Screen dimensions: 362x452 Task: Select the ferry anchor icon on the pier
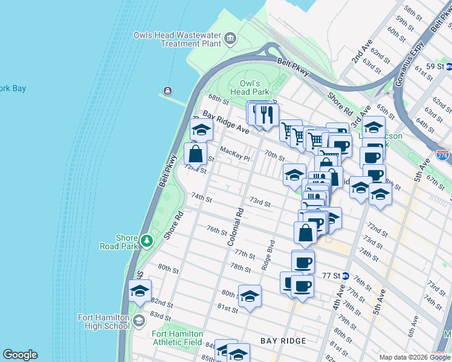pos(167,91)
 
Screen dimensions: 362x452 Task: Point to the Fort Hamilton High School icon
pos(138,320)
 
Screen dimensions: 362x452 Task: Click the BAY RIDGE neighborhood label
pos(283,341)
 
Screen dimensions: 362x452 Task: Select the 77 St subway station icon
pos(345,275)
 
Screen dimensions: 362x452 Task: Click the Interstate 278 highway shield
pos(442,156)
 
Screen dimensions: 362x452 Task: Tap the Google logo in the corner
pos(20,355)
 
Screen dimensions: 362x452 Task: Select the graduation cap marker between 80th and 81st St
pos(250,296)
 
